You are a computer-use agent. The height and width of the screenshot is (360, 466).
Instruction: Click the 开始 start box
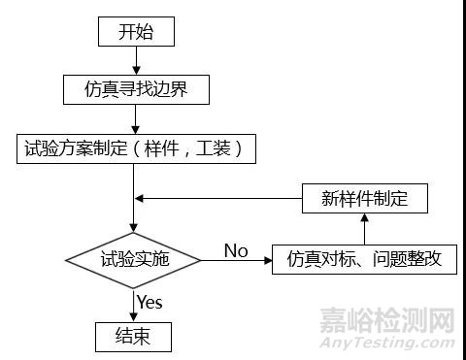click(135, 31)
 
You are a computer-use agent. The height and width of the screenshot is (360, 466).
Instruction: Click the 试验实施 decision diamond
click(134, 259)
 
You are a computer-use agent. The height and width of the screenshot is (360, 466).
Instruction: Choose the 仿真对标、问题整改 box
click(364, 259)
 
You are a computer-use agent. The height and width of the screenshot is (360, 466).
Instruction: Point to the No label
click(236, 251)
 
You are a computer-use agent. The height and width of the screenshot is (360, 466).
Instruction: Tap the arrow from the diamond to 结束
click(134, 306)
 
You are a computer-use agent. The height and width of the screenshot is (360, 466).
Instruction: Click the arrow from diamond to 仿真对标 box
click(237, 260)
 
